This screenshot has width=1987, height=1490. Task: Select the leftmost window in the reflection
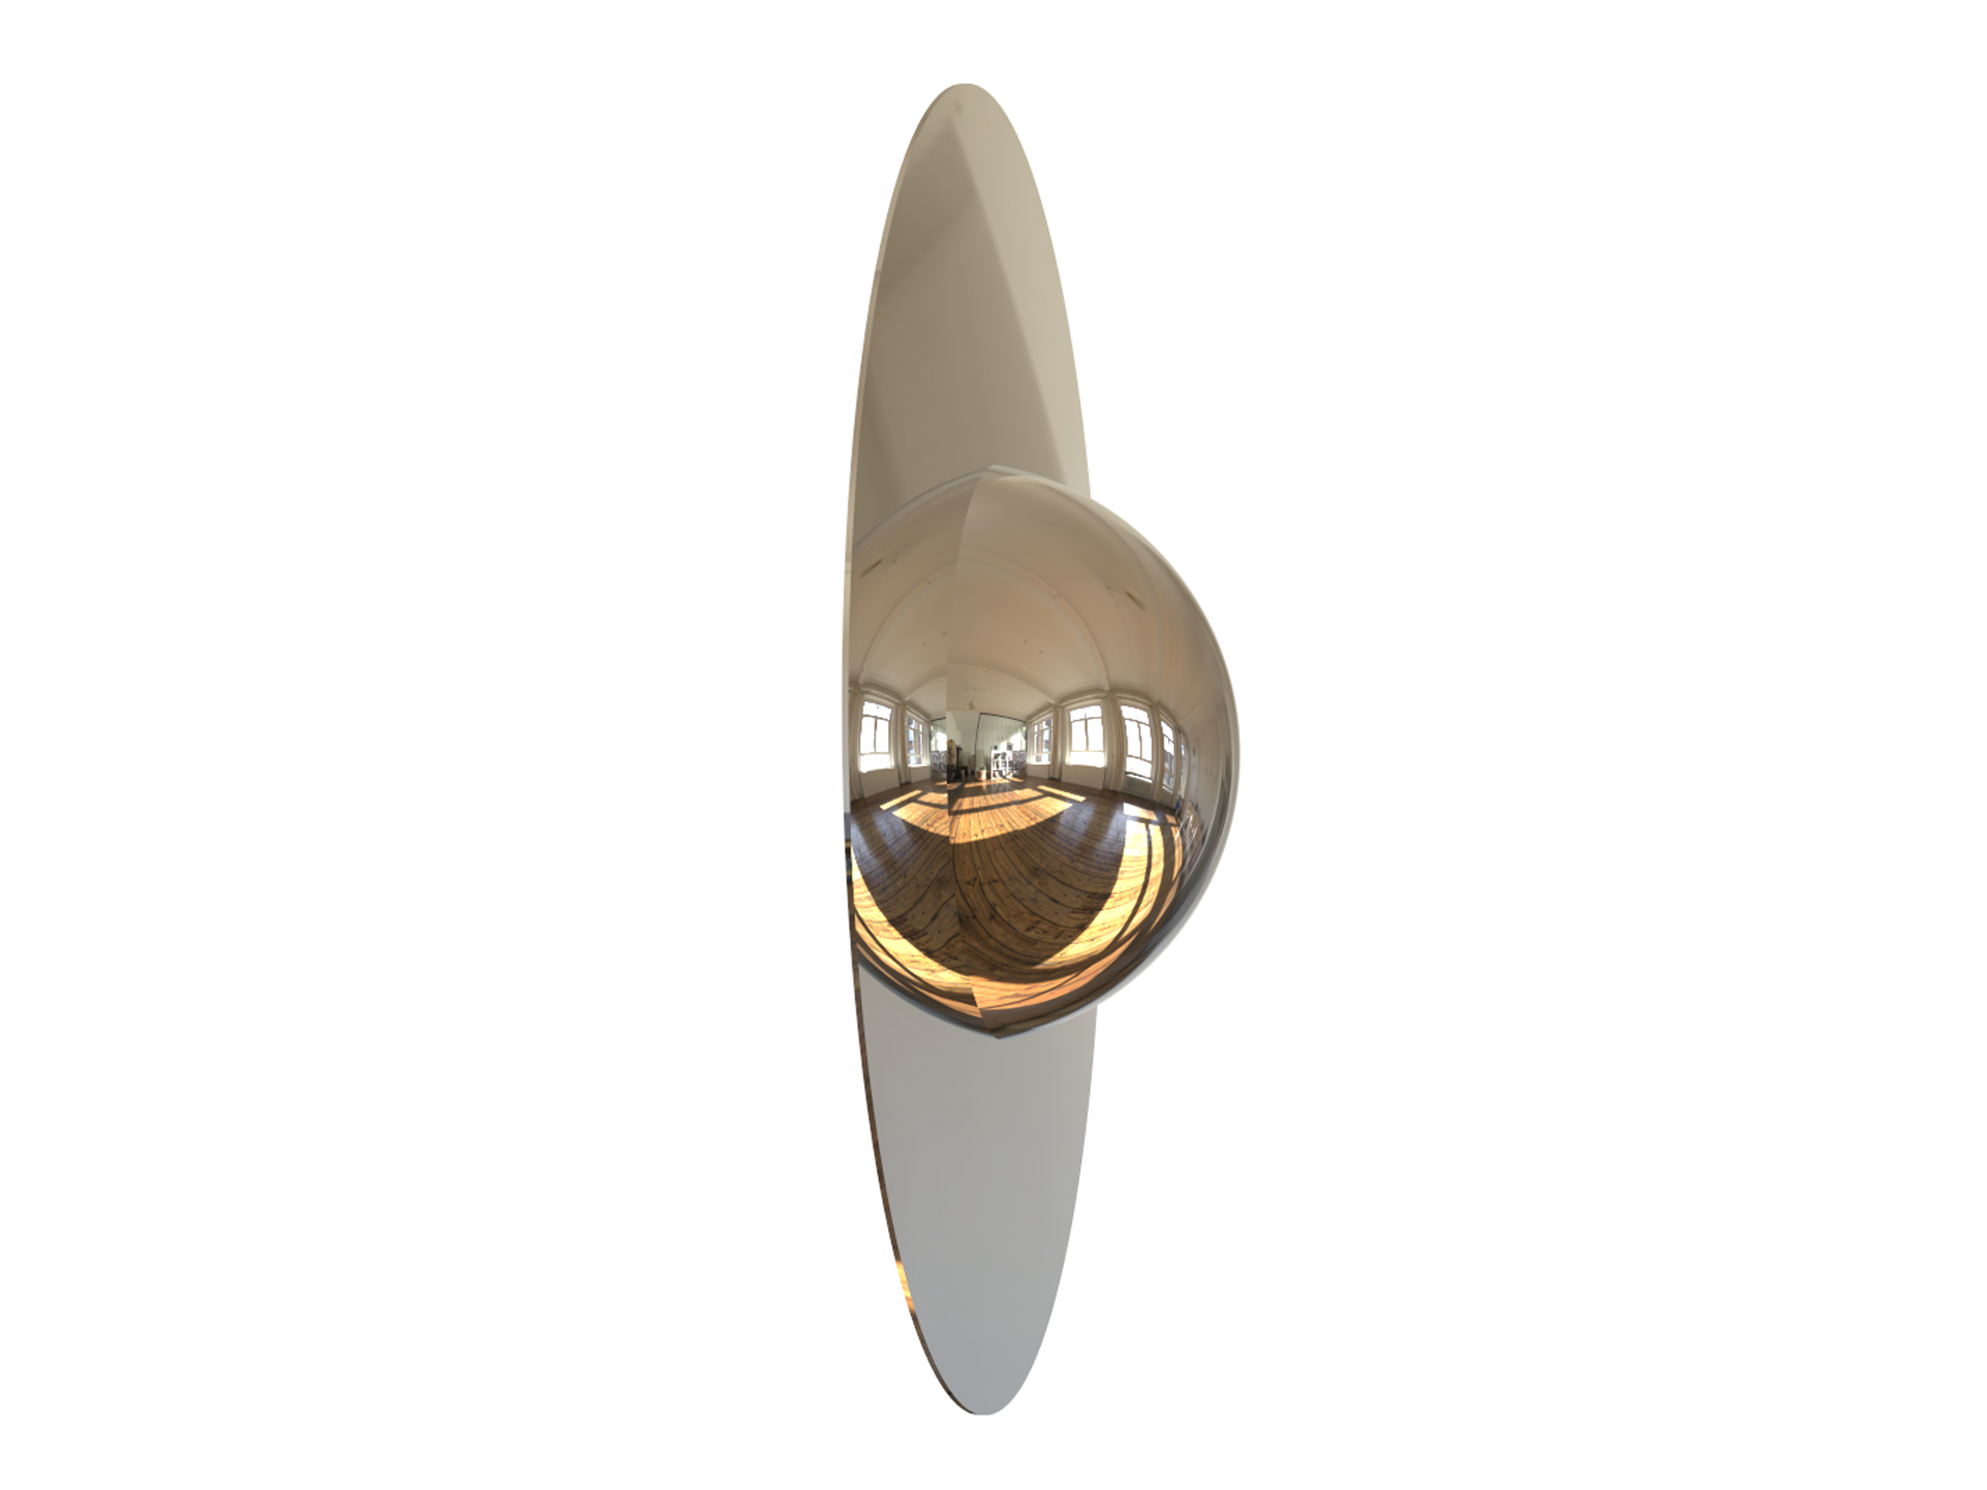click(875, 734)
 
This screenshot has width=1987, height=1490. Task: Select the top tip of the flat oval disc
click(964, 85)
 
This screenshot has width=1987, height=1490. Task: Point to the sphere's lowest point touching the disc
click(1003, 1036)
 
